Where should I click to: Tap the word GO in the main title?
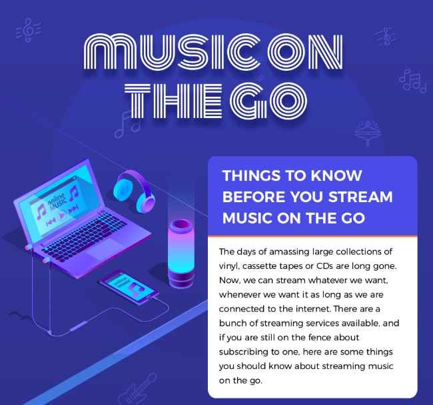click(268, 101)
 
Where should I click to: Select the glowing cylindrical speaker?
click(181, 253)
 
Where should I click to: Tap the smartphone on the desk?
click(129, 288)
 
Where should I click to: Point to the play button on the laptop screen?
click(62, 215)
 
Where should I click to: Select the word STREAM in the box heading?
click(360, 197)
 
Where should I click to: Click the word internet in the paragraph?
click(313, 308)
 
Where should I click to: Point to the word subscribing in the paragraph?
click(244, 352)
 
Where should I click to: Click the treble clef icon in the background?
click(29, 29)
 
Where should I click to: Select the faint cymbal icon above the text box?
click(368, 133)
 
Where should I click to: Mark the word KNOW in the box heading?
click(336, 175)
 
